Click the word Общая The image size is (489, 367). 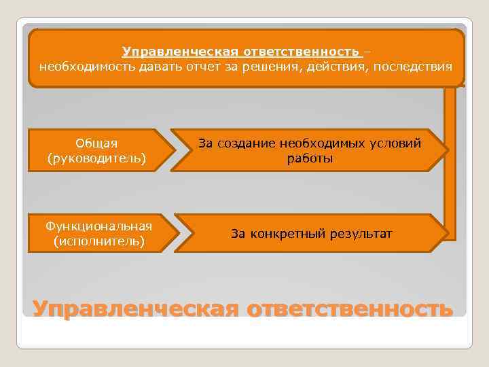96,143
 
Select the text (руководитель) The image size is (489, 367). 96,158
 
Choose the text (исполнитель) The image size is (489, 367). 98,241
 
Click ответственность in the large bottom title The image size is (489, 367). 350,307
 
